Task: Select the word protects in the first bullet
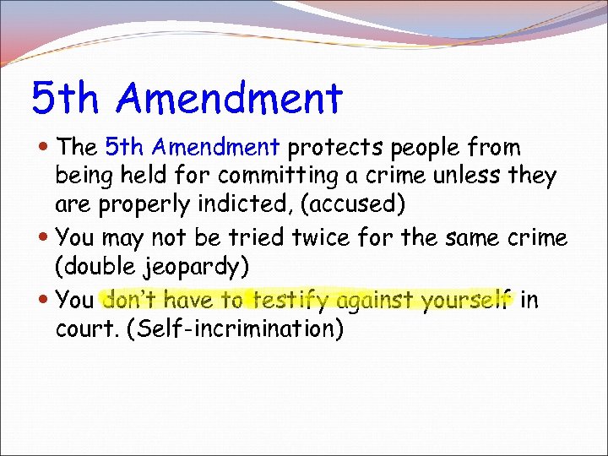click(337, 148)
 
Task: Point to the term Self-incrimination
click(235, 328)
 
